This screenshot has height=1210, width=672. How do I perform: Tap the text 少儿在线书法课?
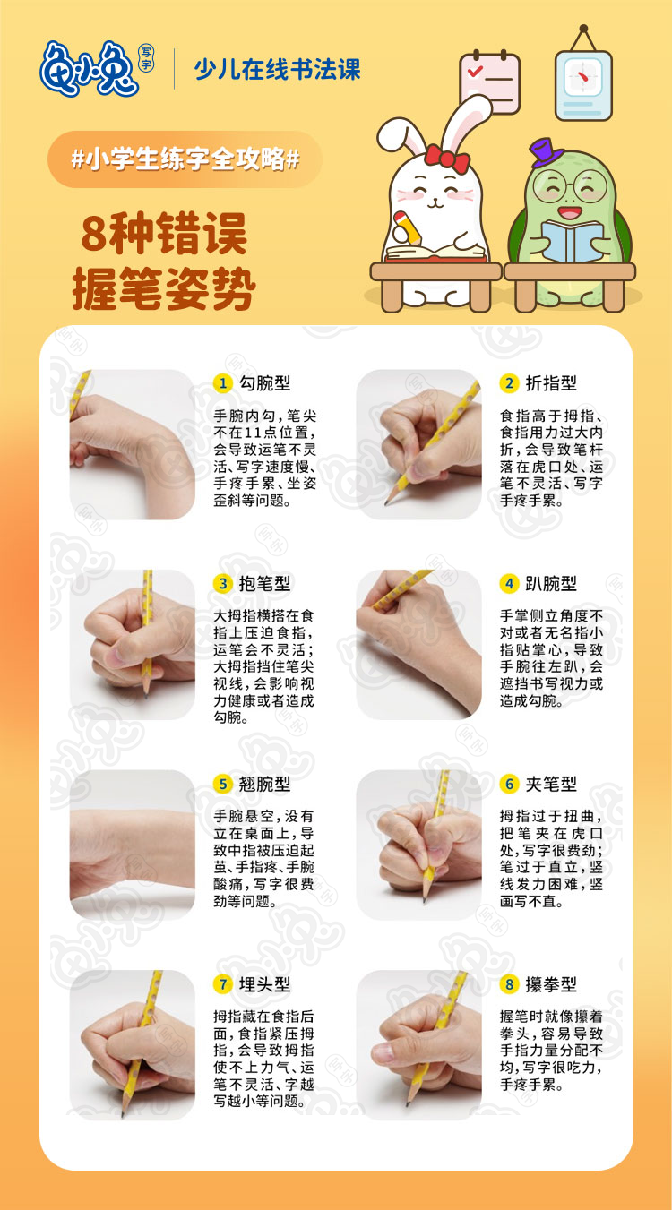pos(277,68)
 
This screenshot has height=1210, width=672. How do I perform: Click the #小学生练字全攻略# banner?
pos(185,159)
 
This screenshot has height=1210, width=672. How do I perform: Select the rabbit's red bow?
pos(447,159)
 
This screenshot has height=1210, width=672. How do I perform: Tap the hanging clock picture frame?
pos(582,84)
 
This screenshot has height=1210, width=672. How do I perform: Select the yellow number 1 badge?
pos(222,383)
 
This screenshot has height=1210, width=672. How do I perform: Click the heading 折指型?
pos(550,383)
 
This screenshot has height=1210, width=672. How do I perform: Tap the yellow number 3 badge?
pos(222,584)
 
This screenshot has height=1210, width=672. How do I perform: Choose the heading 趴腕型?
pos(550,584)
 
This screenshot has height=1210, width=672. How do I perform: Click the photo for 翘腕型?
pos(132,845)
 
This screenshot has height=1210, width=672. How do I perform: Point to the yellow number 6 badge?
pos(509,785)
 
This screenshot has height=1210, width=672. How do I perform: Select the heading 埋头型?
pos(264,984)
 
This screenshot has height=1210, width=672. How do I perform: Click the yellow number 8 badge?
pos(509,984)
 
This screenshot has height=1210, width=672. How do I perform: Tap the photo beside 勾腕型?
pos(132,444)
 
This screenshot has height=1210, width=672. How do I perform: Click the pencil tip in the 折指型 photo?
pos(387,503)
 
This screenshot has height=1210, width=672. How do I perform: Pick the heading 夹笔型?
pos(550,785)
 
